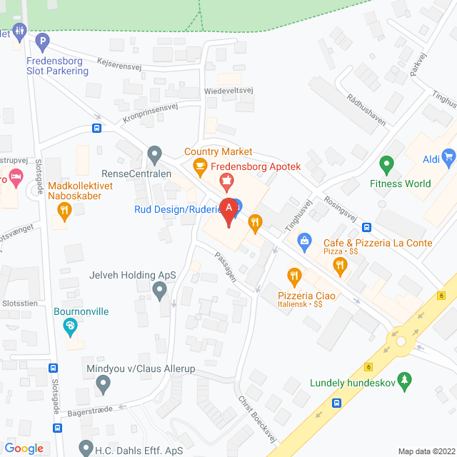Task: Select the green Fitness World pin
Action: pyautogui.click(x=386, y=165)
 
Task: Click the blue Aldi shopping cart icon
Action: pyautogui.click(x=448, y=155)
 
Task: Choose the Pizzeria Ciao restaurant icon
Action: pyautogui.click(x=293, y=275)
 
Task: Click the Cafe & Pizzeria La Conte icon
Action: pyautogui.click(x=340, y=266)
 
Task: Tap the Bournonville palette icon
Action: pyautogui.click(x=69, y=328)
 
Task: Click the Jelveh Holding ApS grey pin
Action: pyautogui.click(x=160, y=289)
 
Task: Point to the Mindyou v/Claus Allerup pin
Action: pyautogui.click(x=104, y=385)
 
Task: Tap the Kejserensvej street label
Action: pyautogui.click(x=121, y=64)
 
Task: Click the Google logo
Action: pyautogui.click(x=24, y=448)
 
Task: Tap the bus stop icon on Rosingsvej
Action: pyautogui.click(x=366, y=227)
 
